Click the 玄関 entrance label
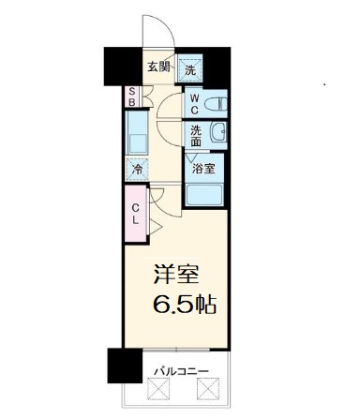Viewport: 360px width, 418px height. click(157, 67)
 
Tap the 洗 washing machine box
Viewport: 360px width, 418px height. click(190, 68)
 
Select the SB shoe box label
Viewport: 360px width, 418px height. click(131, 97)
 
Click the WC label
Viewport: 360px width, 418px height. click(192, 101)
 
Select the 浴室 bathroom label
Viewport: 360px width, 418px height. click(203, 170)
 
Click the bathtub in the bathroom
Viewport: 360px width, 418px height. click(204, 196)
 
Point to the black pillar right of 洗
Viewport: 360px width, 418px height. click(217, 66)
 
